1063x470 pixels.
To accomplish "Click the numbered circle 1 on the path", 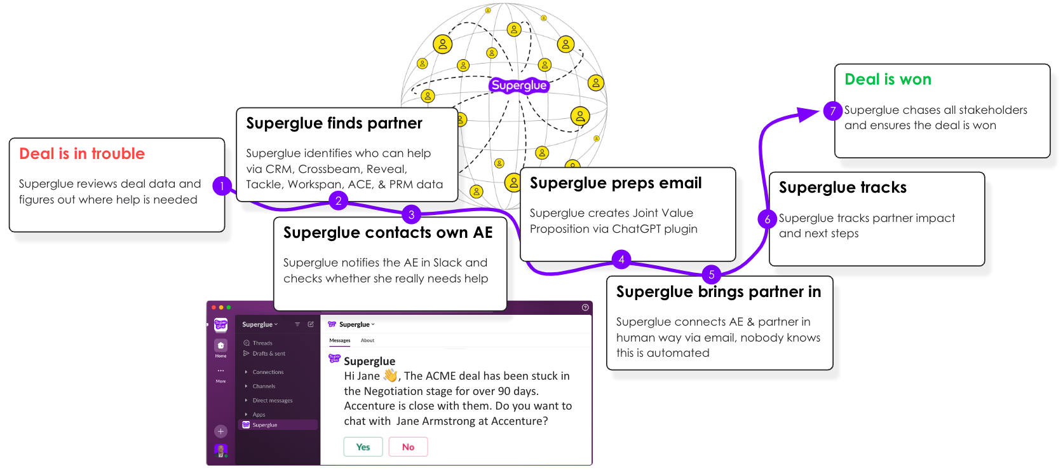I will tap(222, 186).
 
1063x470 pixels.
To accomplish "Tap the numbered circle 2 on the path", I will tap(339, 201).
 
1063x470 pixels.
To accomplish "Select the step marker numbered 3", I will tap(412, 215).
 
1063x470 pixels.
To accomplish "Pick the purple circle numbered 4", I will tap(621, 259).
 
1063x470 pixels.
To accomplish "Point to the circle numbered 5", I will tap(712, 275).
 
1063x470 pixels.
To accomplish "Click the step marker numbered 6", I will tap(768, 219).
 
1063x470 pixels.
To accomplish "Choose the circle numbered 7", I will tap(832, 111).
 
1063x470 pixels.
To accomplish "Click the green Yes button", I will tap(363, 447).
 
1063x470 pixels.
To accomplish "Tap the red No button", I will tap(408, 447).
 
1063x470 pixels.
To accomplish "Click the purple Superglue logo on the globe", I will tap(518, 85).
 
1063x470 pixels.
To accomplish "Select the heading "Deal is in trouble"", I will tap(82, 154).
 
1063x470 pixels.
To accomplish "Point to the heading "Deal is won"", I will tap(888, 79).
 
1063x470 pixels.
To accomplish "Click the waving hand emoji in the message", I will tap(390, 376).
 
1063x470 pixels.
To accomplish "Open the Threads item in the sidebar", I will tap(262, 343).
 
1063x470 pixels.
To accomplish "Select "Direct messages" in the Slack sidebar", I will tap(272, 401).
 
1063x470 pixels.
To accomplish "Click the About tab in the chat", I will tap(367, 340).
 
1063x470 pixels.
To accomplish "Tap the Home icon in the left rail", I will tap(220, 346).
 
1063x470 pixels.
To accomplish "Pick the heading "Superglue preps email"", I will tap(615, 183).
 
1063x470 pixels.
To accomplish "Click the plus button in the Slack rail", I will tap(220, 431).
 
